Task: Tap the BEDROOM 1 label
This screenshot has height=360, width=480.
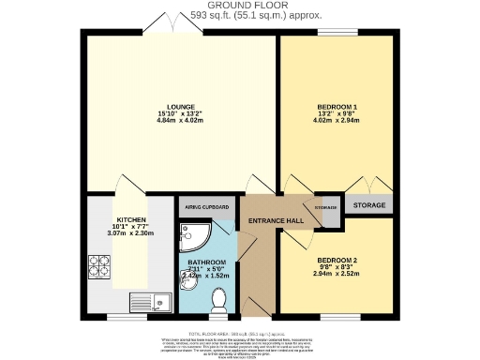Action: click(334, 108)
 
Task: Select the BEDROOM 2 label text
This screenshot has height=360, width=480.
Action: click(334, 259)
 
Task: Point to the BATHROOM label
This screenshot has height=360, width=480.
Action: click(206, 262)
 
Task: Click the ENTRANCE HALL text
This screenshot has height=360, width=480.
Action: click(275, 220)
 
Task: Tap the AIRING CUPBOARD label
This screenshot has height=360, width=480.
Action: click(206, 207)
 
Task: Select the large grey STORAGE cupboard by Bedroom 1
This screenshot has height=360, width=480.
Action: click(368, 205)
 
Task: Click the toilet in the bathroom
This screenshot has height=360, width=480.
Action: click(219, 300)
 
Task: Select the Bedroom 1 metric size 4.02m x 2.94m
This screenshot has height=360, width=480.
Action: click(334, 123)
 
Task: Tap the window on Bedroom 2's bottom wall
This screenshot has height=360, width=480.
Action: click(334, 316)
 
